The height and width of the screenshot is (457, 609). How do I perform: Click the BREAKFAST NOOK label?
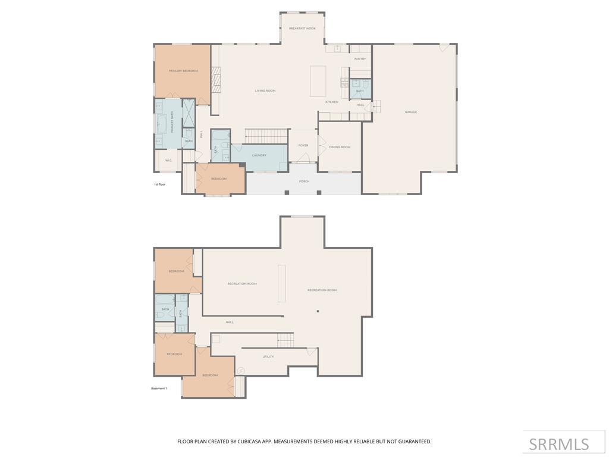302,29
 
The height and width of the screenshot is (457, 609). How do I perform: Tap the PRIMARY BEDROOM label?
183,71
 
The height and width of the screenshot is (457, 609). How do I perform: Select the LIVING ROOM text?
265,91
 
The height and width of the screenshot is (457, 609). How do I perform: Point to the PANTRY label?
360,59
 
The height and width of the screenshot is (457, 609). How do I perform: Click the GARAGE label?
411,112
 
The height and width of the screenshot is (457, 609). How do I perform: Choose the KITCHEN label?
332,102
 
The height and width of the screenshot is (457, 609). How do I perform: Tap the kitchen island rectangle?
318,81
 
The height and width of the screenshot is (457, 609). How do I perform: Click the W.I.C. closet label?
168,160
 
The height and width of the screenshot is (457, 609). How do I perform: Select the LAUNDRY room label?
259,155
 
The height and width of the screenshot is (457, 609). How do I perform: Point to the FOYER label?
303,145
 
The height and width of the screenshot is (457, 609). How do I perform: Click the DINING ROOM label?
340,147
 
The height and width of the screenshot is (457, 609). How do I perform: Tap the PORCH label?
304,181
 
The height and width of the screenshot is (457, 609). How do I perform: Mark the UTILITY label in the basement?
268,357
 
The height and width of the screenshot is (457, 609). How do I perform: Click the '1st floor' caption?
159,184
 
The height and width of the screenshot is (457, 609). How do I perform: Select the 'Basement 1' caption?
159,389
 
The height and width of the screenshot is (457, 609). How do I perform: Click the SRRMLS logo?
559,444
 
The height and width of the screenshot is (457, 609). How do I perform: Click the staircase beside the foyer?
267,136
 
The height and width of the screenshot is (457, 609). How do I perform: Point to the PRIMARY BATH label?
172,121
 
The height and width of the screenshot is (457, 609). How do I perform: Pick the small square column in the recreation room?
318,311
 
